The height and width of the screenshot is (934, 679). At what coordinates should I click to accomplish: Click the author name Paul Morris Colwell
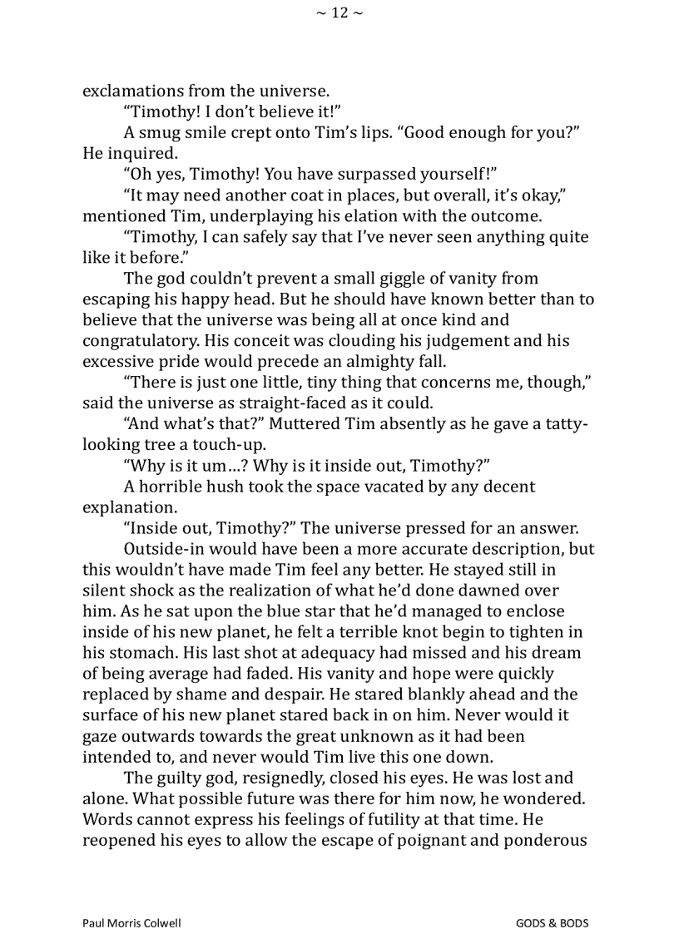click(132, 923)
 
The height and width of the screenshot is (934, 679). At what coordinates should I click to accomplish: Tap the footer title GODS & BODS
click(552, 923)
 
